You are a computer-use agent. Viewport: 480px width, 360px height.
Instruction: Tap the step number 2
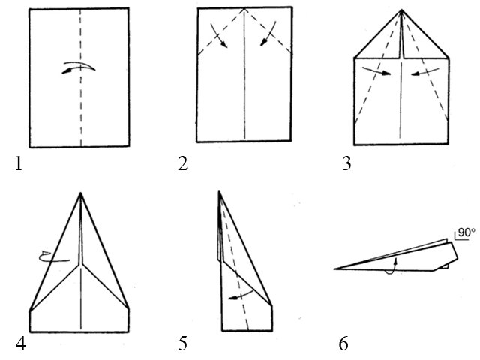pyautogui.click(x=183, y=164)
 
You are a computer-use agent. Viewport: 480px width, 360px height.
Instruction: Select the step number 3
pyautogui.click(x=346, y=164)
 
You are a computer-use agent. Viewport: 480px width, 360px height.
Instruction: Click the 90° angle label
pyautogui.click(x=466, y=234)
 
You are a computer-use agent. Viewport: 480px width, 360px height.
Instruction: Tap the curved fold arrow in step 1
pyautogui.click(x=79, y=68)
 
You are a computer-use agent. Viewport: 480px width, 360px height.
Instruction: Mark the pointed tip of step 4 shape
pyautogui.click(x=81, y=193)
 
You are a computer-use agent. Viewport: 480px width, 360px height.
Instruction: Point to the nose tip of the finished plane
pyautogui.click(x=334, y=267)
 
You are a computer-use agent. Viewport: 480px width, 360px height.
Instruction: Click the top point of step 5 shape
pyautogui.click(x=220, y=192)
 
